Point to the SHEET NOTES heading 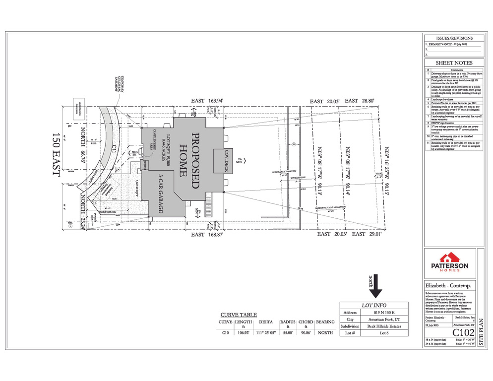click(453, 63)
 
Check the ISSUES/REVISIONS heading click(453, 38)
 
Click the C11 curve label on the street click(114, 147)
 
